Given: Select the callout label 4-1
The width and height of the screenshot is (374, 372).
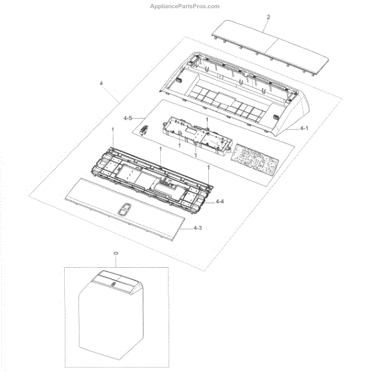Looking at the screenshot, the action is point(304,128).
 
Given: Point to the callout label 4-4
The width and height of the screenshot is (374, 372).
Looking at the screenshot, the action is point(220,202).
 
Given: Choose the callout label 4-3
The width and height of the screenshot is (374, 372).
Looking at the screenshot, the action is point(197,228).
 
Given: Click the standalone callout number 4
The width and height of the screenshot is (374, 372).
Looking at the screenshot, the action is point(101,83).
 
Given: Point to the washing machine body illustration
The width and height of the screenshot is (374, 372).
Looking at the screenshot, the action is point(112,325).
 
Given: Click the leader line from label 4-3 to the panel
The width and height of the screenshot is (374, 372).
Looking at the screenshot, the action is point(180,227).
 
